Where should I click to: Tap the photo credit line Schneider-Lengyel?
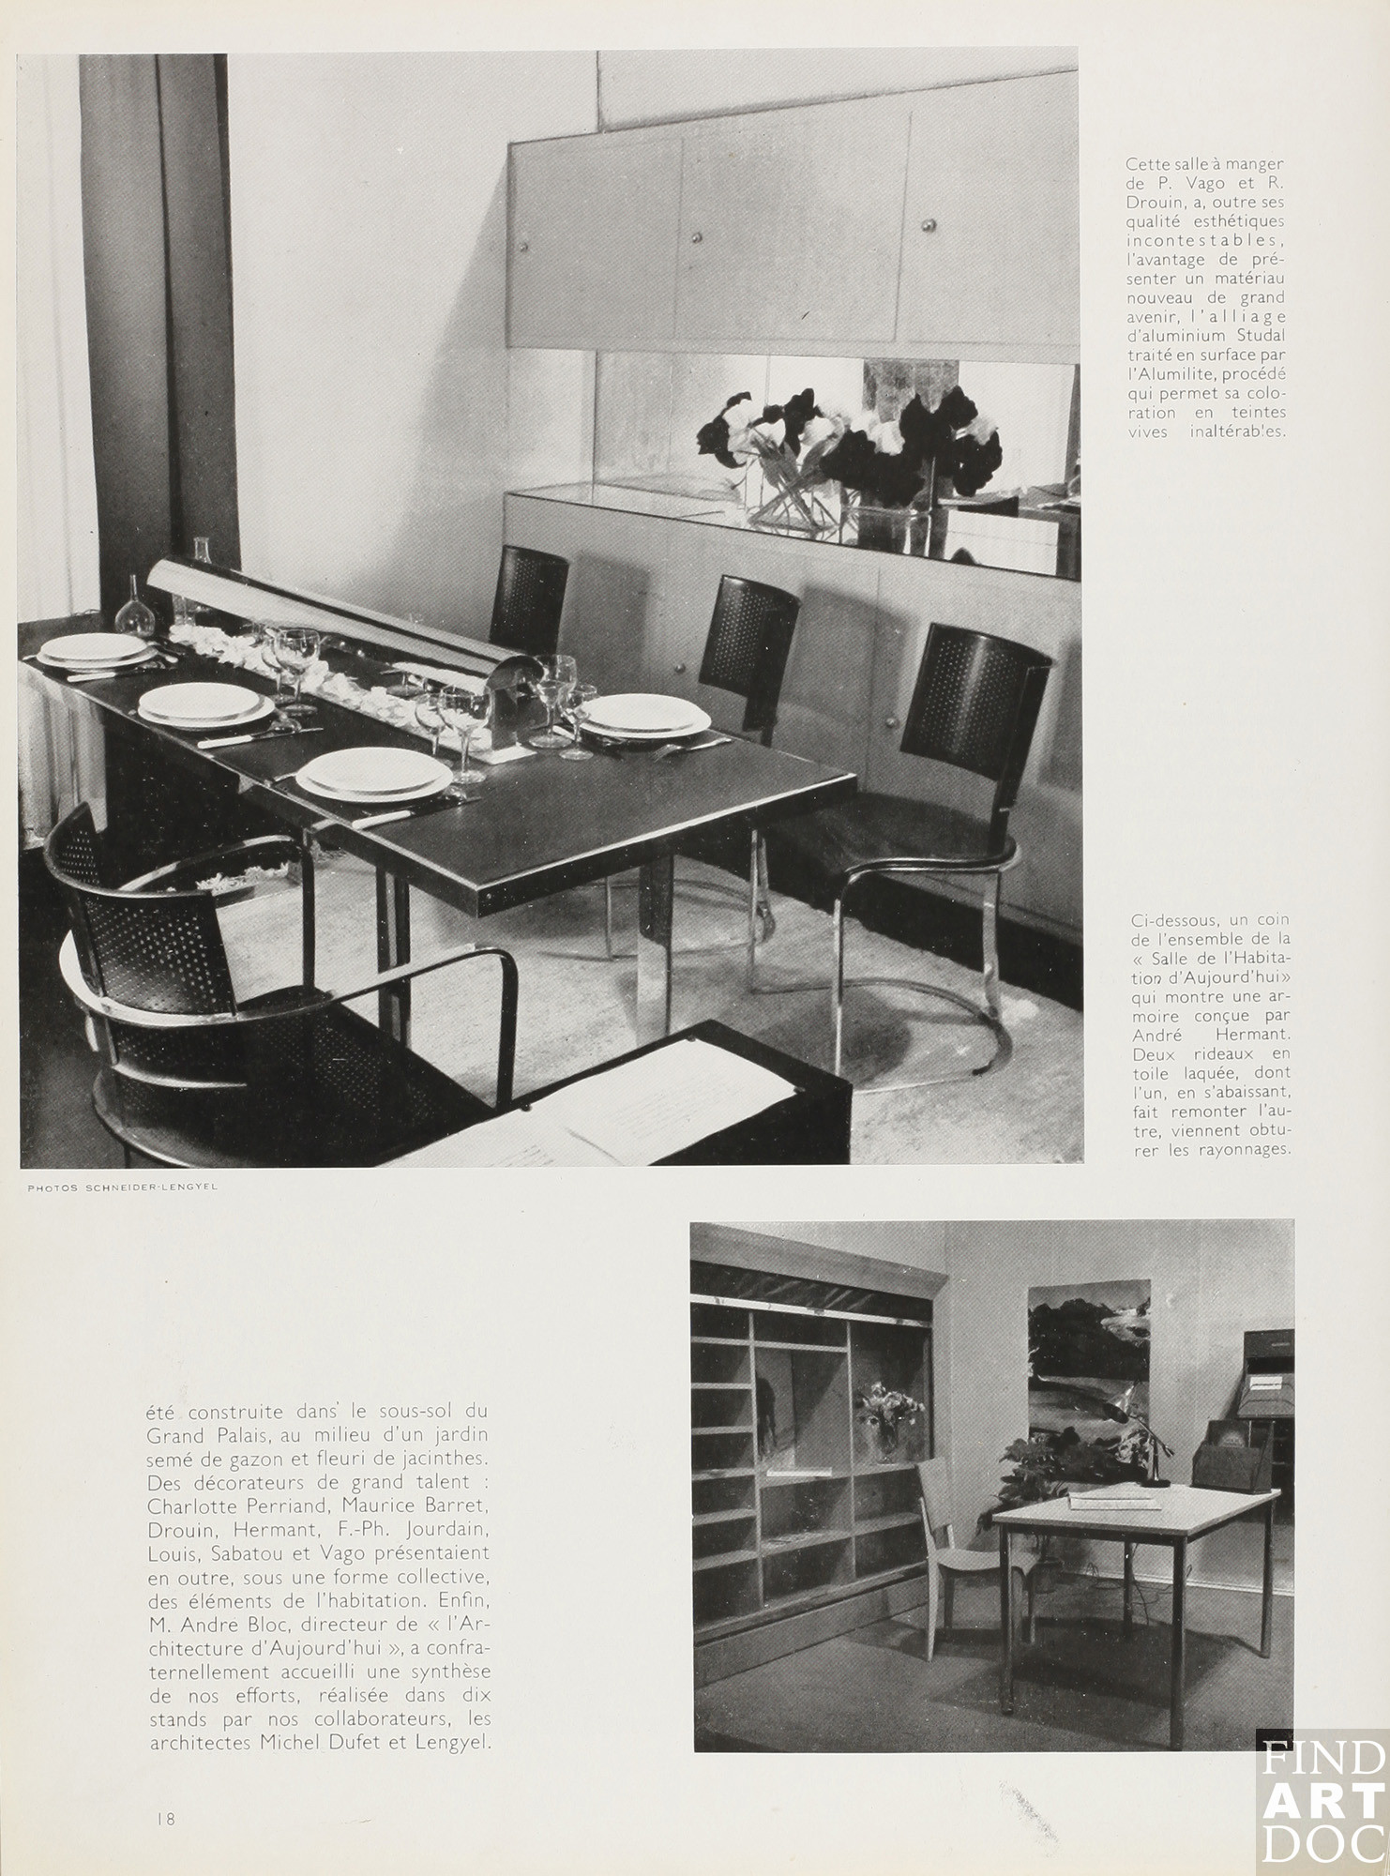point(122,1188)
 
